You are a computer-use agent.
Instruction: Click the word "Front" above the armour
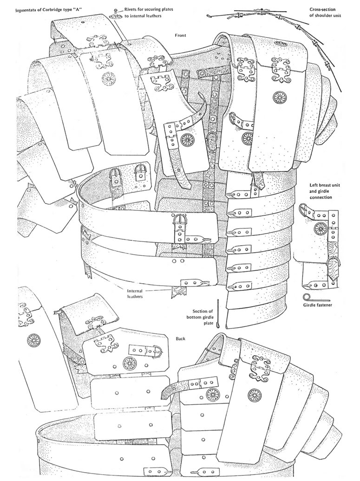click(x=180, y=35)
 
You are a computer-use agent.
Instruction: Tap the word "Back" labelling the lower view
click(x=181, y=338)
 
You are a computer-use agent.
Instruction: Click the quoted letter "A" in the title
click(x=85, y=9)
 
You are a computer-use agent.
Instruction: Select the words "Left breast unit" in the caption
click(x=326, y=185)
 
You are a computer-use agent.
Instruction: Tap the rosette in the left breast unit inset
click(x=320, y=228)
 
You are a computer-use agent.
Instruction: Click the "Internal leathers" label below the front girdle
click(x=136, y=293)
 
